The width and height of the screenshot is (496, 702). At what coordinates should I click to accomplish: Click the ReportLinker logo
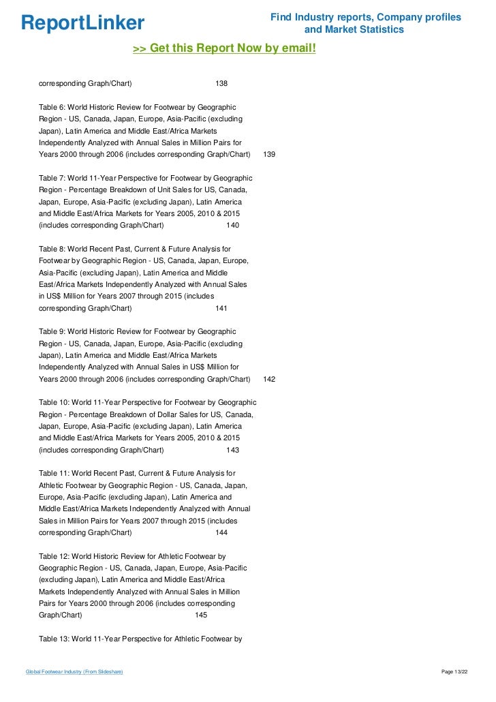83,23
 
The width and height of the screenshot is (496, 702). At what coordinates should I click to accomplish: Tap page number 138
221,83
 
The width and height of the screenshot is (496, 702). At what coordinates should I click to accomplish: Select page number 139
269,155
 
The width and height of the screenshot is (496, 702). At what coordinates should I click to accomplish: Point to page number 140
232,225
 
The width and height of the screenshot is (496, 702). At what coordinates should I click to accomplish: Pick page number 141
221,308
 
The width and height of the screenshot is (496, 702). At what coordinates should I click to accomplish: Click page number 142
269,379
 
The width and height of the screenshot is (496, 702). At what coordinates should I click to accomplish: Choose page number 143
232,450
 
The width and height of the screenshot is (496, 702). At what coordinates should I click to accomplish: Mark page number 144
221,533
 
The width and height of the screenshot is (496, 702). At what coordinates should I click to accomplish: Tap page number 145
201,615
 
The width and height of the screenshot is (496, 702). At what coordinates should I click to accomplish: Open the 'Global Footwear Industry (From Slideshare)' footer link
74,672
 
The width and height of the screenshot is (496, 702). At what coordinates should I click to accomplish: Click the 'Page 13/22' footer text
455,672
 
